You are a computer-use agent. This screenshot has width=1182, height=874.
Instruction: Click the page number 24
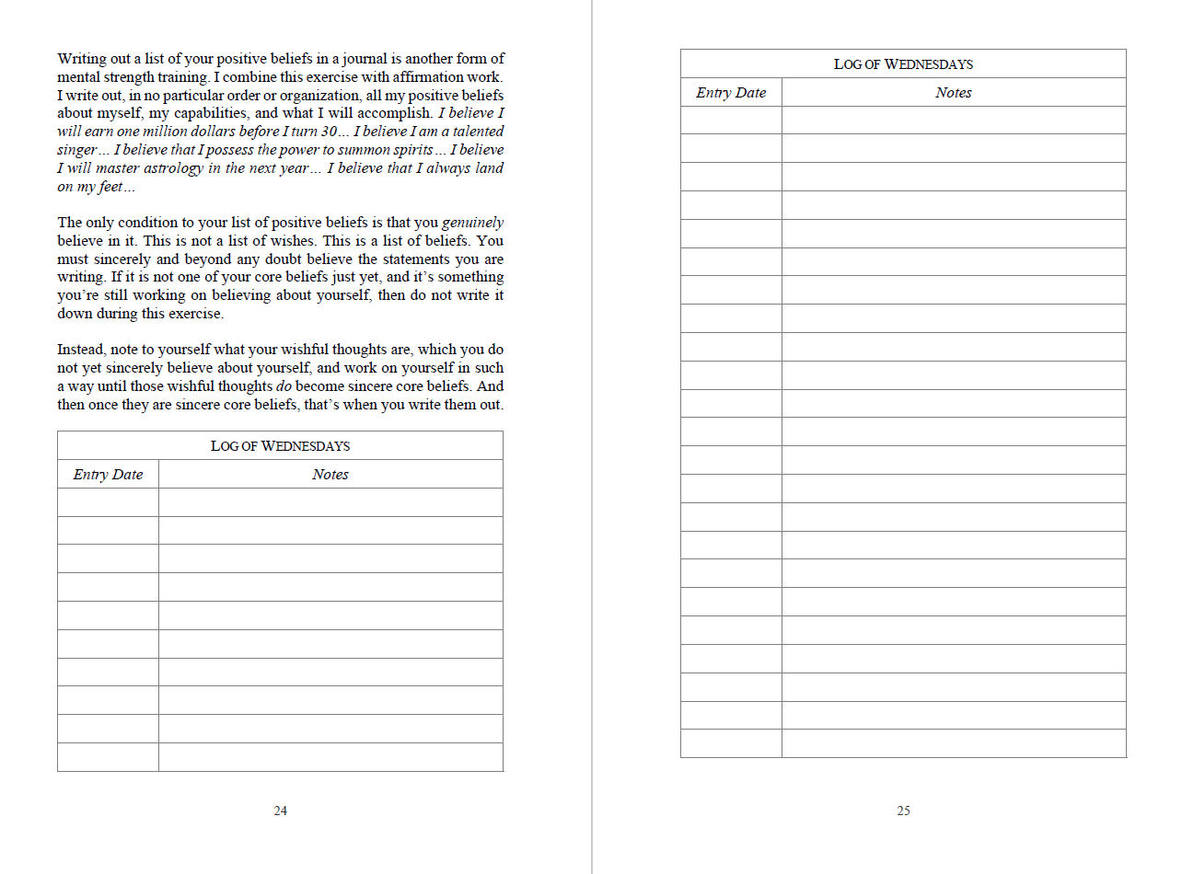coord(280,811)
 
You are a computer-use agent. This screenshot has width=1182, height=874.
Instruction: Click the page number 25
coord(903,811)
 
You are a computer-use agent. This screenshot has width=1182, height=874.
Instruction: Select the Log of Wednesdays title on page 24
coord(280,446)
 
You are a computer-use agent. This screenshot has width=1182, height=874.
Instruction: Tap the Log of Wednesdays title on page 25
coord(903,64)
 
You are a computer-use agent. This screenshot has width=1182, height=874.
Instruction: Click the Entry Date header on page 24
coord(108,475)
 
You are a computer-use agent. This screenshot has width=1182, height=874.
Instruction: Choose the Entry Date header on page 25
coord(731,93)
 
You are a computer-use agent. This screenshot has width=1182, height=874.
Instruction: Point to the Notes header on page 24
coord(330,475)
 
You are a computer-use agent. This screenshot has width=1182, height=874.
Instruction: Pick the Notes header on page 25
coord(953,93)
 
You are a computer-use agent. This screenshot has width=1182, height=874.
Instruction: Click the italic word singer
coord(76,150)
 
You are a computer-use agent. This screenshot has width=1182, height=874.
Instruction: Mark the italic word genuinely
coord(472,223)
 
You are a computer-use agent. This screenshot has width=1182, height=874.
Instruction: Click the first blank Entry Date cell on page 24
coord(108,502)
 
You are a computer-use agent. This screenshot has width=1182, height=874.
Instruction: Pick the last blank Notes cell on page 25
coord(953,743)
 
